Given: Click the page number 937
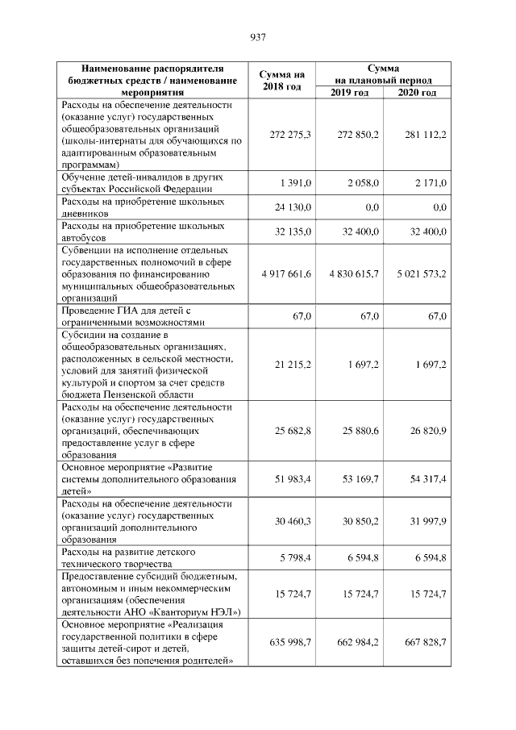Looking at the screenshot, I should point(258,36).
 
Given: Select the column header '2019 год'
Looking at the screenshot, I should point(349,93).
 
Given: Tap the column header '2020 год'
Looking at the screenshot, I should point(417,93).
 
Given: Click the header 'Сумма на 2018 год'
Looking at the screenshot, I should point(281,81).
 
